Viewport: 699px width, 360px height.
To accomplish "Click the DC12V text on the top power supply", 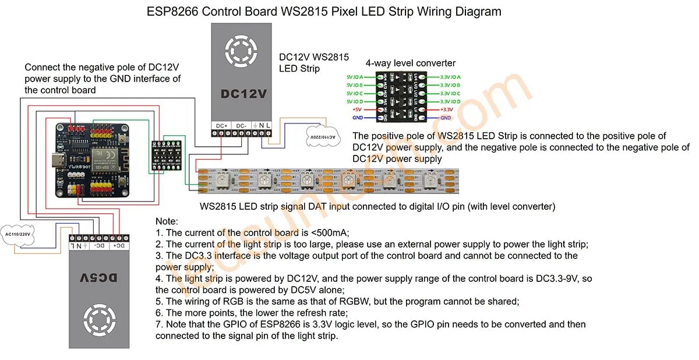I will [245, 93].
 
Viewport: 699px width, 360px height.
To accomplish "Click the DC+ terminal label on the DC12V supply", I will [221, 125].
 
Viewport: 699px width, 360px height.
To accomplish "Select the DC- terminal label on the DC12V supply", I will [241, 125].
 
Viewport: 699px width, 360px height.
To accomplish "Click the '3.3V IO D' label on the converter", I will [450, 101].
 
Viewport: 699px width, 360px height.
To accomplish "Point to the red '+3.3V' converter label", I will [446, 110].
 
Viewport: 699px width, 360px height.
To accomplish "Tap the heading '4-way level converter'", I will [410, 63].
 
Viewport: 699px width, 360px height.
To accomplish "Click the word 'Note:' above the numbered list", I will [167, 222].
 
